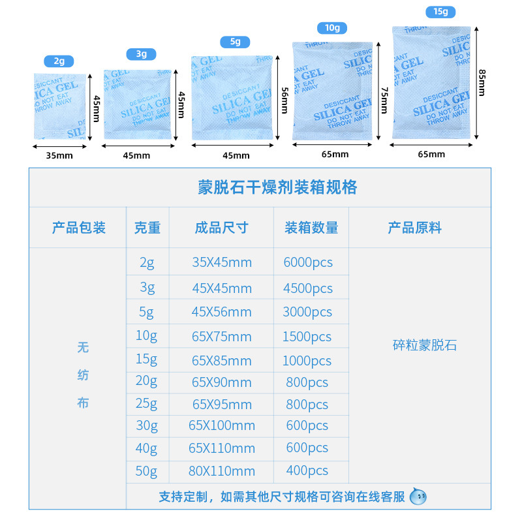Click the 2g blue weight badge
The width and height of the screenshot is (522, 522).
(x=59, y=61)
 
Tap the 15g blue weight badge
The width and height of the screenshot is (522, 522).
(x=440, y=12)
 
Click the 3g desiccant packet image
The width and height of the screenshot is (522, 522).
(x=138, y=104)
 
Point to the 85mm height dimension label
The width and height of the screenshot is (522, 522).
(x=482, y=82)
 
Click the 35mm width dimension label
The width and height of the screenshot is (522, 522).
(x=59, y=155)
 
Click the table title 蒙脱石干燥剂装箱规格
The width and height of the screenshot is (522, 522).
(x=277, y=187)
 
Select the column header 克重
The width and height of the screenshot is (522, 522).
(x=147, y=228)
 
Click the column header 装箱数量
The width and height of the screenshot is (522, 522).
(x=311, y=228)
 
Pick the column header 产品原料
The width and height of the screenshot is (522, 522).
(x=414, y=228)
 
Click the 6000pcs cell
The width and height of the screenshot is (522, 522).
(x=308, y=262)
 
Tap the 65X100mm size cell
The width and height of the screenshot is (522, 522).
(x=222, y=425)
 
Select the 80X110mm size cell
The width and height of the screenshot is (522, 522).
(x=222, y=470)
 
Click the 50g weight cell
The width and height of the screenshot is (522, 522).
(x=147, y=470)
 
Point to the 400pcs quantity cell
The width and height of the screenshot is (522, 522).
(x=307, y=470)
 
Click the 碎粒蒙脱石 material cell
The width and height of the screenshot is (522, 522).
(x=425, y=345)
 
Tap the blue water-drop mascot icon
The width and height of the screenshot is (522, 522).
(x=418, y=497)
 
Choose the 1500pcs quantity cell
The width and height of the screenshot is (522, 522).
(x=307, y=337)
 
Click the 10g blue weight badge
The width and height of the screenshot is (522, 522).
(x=332, y=27)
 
